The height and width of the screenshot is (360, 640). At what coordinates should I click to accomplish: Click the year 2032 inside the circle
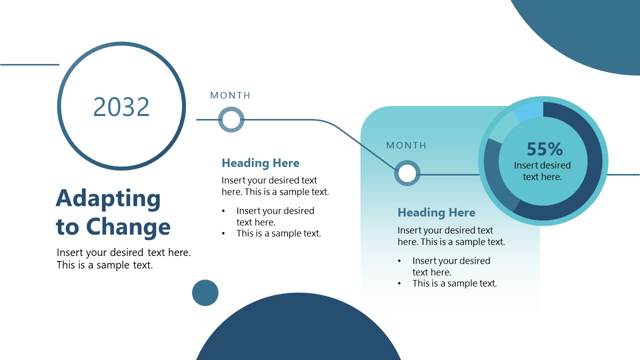[121, 107]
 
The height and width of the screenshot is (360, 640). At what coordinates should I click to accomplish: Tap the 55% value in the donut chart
[544, 149]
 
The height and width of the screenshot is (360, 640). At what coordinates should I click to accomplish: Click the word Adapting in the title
[108, 198]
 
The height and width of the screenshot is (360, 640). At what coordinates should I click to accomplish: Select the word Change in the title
[128, 227]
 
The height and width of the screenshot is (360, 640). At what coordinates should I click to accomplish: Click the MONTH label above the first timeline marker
[230, 95]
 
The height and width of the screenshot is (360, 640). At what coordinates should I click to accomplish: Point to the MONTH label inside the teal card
[406, 145]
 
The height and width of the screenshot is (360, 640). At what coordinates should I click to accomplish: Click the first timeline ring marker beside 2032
[231, 120]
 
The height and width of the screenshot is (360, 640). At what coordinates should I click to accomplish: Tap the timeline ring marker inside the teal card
[407, 173]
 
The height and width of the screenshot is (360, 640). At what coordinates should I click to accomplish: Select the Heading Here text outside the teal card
[260, 163]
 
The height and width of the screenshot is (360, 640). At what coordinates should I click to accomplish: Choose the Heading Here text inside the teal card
[436, 212]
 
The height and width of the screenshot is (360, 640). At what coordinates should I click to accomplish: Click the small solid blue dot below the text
[205, 292]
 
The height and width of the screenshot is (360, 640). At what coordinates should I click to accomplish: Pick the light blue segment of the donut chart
[529, 111]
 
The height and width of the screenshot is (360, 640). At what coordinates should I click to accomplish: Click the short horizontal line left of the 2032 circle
[29, 64]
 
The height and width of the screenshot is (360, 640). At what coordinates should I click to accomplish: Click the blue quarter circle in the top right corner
[590, 30]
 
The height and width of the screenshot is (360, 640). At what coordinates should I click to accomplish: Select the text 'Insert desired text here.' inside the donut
[542, 171]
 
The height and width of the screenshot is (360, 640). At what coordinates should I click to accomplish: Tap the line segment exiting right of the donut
[624, 174]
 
